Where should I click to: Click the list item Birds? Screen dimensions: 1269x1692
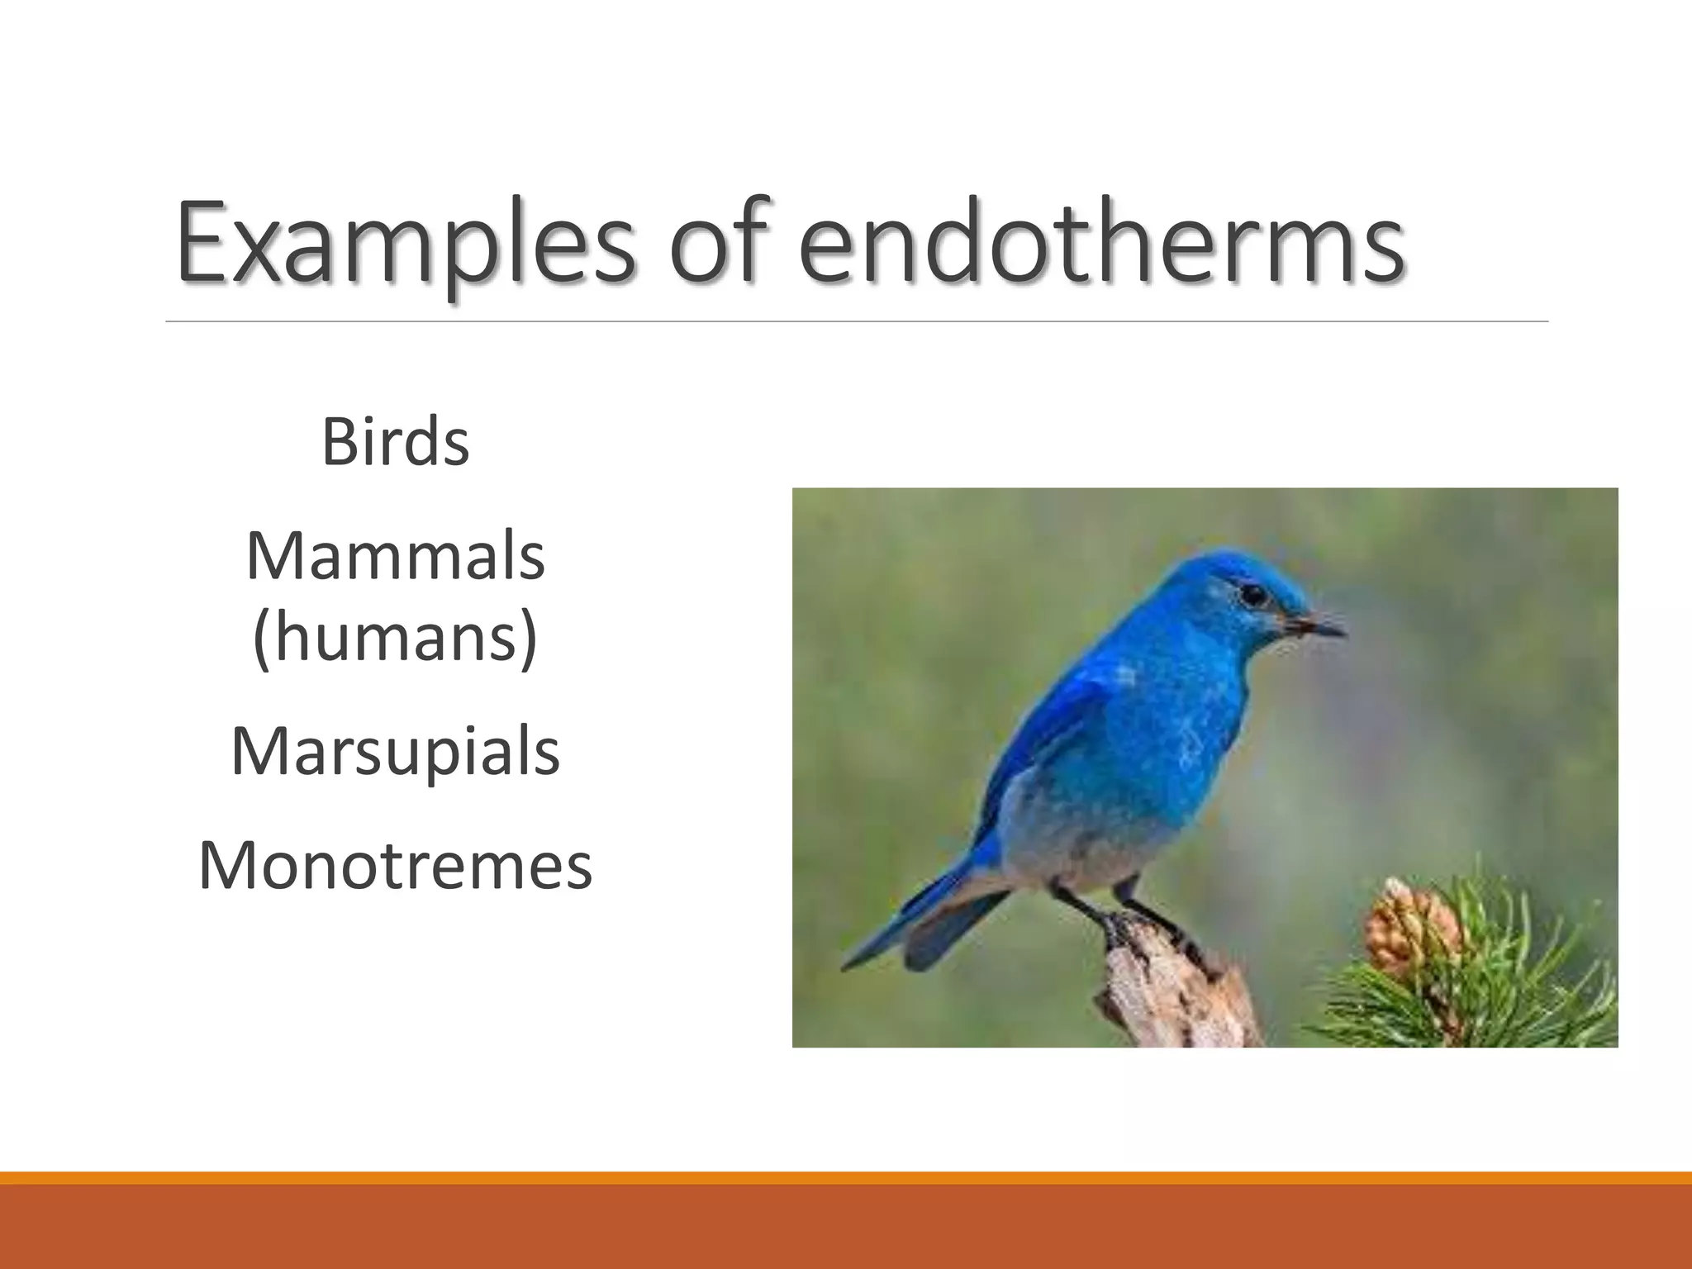click(395, 443)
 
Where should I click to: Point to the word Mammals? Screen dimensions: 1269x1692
click(395, 557)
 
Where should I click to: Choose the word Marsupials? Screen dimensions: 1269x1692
click(395, 752)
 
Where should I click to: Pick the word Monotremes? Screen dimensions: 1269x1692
click(395, 866)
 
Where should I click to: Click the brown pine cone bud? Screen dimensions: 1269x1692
click(1409, 925)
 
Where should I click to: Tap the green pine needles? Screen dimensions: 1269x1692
click(1512, 983)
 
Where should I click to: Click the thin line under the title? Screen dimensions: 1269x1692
click(856, 321)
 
